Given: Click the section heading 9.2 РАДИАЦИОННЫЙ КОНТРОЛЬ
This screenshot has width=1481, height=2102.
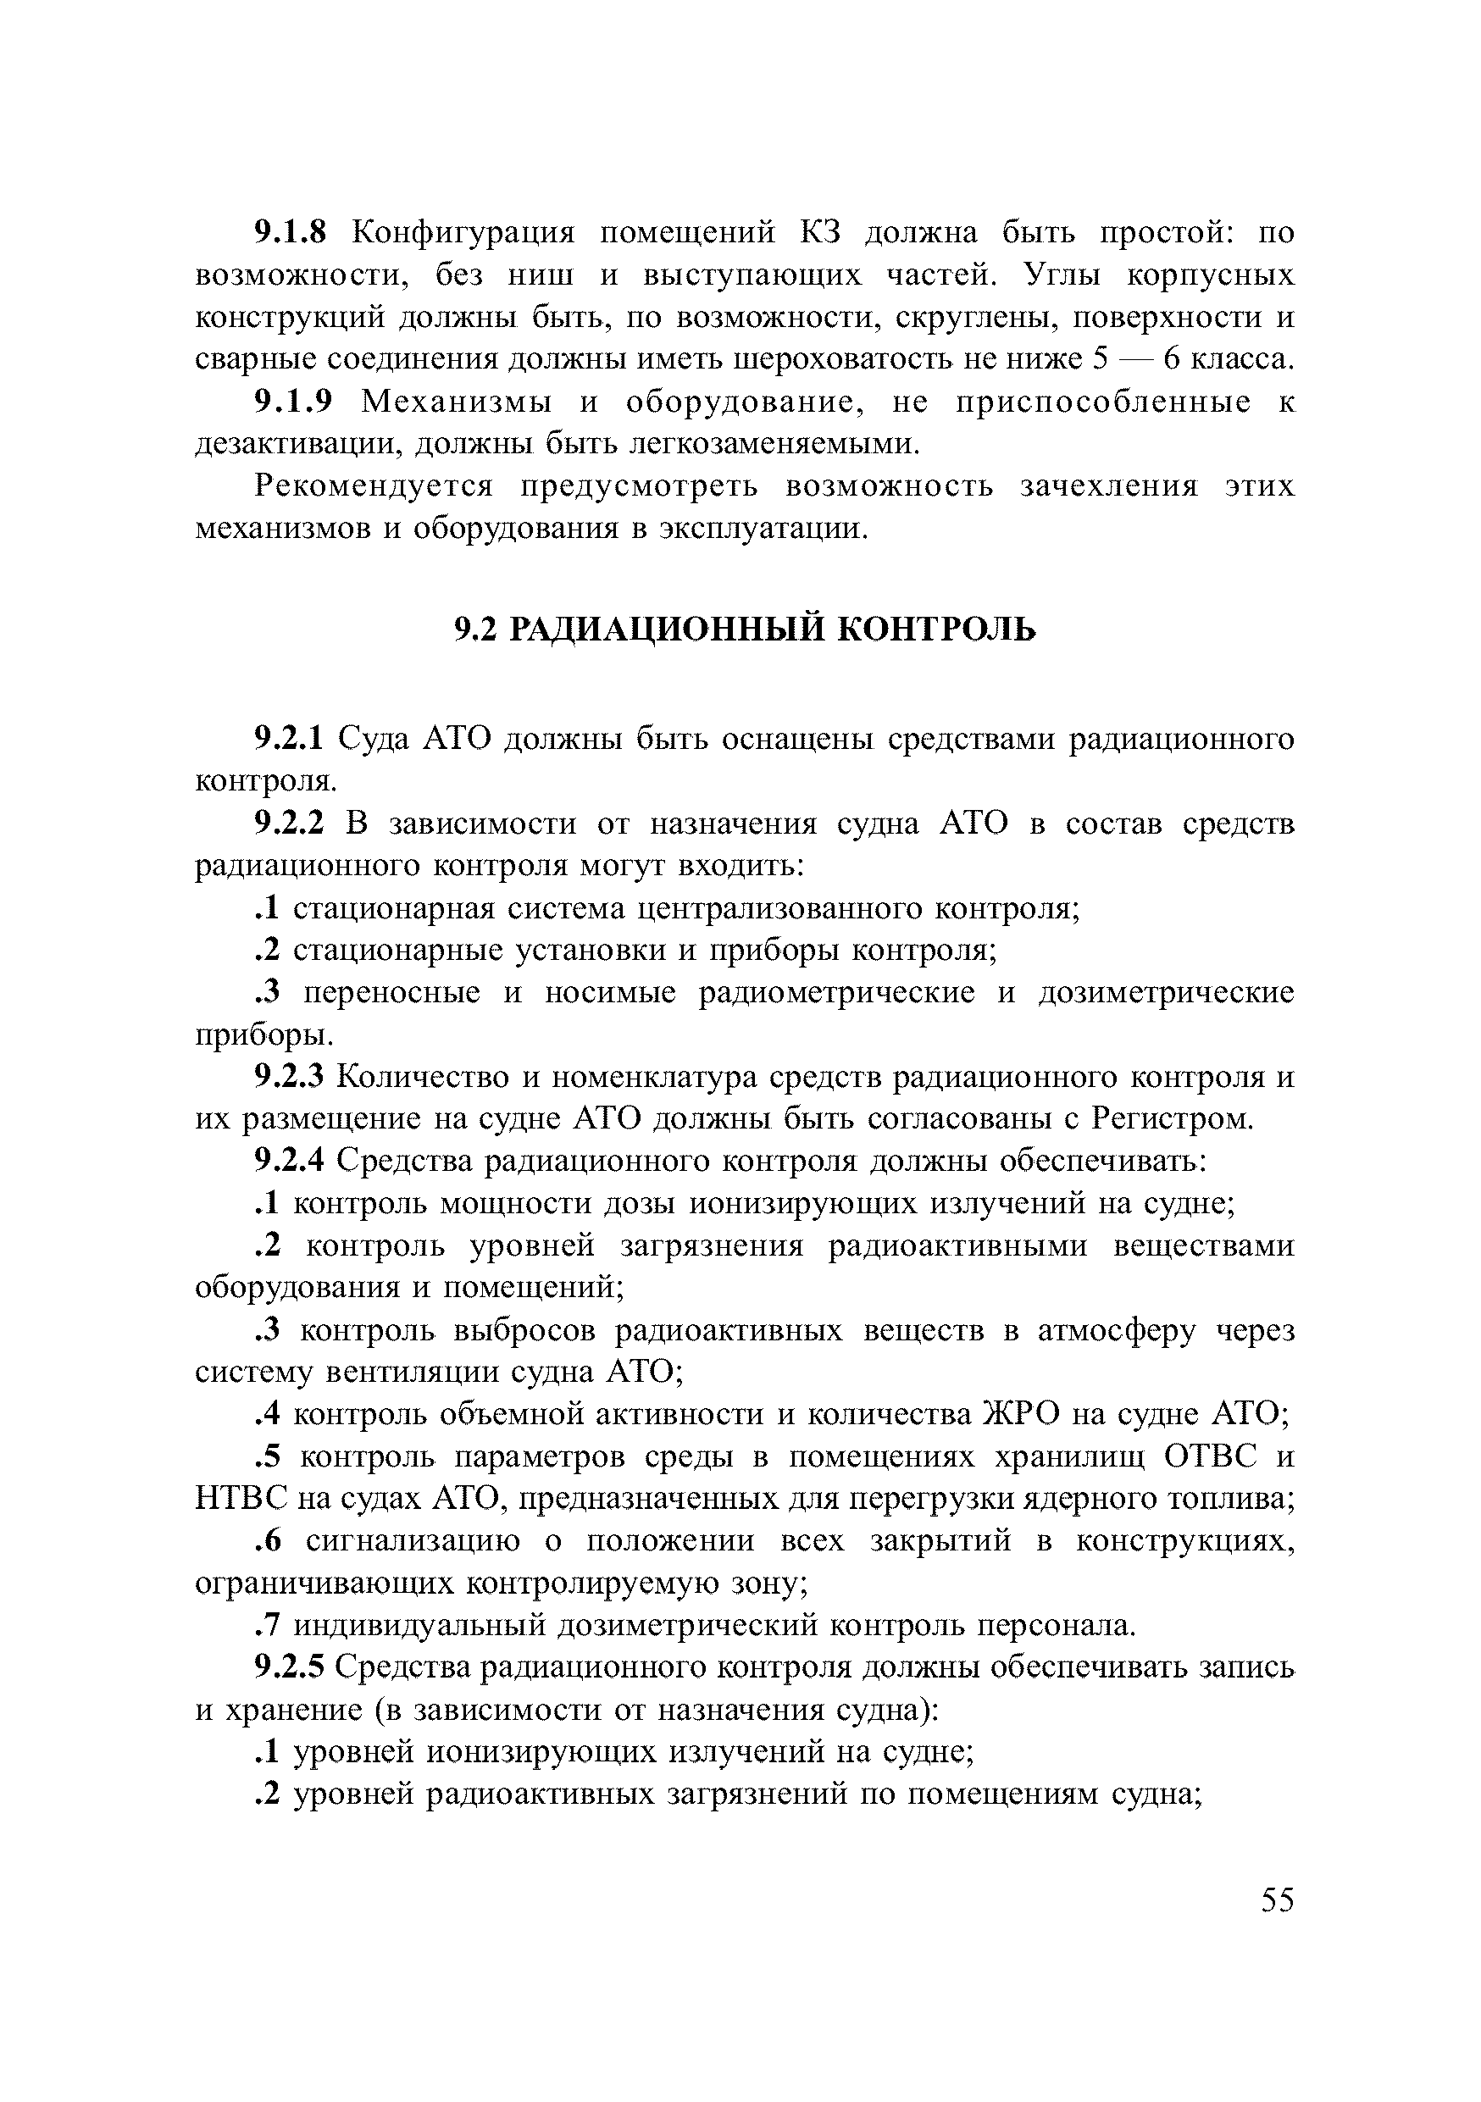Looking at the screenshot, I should [745, 629].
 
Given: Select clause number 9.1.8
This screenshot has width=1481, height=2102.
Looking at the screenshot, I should [289, 234].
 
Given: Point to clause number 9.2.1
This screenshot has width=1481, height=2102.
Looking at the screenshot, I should [288, 739].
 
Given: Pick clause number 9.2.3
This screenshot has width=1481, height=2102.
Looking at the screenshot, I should [288, 1078].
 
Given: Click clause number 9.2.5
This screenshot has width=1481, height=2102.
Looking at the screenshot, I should [288, 1667].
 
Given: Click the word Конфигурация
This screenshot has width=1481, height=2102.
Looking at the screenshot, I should [464, 234].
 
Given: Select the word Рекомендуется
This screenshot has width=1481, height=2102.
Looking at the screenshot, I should [374, 486].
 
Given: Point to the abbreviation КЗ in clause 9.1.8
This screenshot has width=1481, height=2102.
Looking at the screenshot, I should [820, 234].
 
